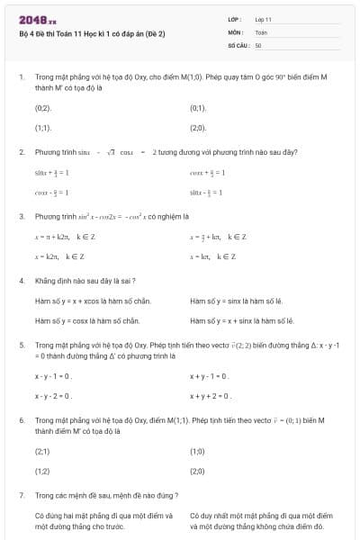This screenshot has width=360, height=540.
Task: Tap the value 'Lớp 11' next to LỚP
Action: click(264, 19)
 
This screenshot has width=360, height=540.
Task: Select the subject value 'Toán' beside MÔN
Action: click(261, 31)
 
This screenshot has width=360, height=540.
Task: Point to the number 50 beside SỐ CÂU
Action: click(258, 44)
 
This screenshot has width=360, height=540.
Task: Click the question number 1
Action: click(21, 77)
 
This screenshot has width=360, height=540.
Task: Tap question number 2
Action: click(21, 152)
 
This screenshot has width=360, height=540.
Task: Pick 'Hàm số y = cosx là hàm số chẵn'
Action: click(87, 320)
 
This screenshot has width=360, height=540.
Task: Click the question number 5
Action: click(21, 345)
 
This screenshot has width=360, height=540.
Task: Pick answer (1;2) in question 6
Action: click(42, 471)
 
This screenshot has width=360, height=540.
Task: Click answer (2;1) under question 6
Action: click(42, 451)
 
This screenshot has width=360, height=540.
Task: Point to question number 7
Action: click(21, 495)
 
